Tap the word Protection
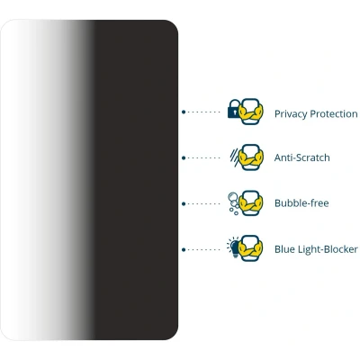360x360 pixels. (334, 113)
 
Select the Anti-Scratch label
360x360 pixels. (302, 157)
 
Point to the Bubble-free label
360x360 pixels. (301, 203)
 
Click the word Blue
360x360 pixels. (283, 249)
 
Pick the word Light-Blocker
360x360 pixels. (327, 249)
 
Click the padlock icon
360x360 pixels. (234, 109)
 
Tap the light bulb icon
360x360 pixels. (233, 247)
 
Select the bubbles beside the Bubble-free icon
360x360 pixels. (233, 203)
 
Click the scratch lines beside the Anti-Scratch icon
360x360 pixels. (234, 157)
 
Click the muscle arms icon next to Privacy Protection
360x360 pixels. (251, 112)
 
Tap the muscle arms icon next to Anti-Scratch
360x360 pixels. (251, 157)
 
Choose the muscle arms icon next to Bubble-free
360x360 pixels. (251, 203)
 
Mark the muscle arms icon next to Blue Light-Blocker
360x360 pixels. (251, 248)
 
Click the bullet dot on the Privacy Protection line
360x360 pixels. (184, 112)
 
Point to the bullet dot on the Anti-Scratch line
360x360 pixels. (184, 157)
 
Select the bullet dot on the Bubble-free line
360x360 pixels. (184, 203)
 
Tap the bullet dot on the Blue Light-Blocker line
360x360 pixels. (184, 249)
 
